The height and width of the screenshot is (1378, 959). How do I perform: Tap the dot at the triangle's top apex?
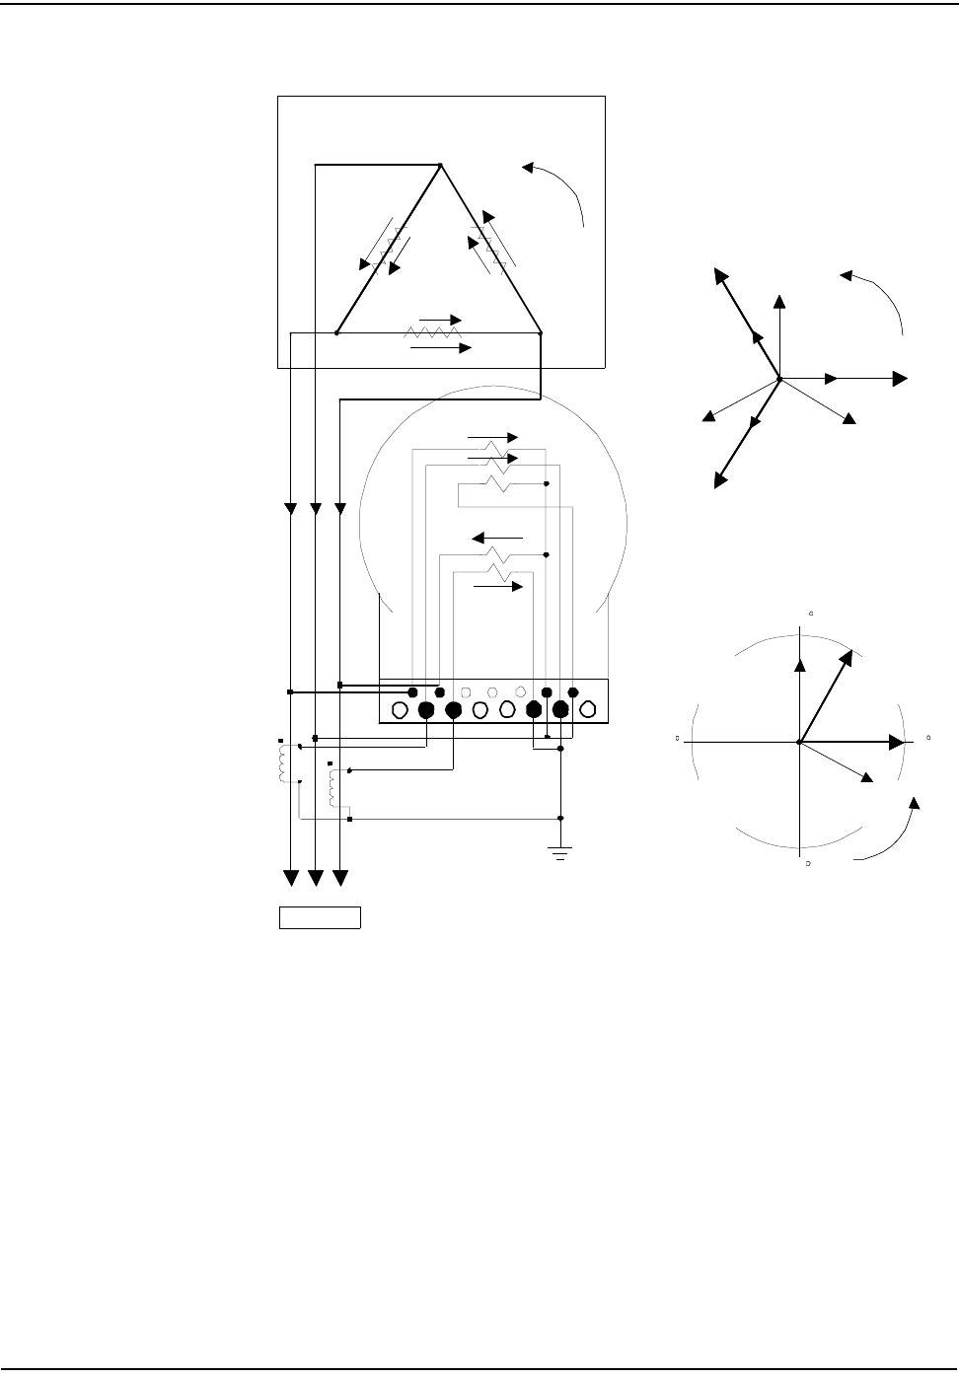point(440,165)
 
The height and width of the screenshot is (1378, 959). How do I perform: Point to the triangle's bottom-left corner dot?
point(336,333)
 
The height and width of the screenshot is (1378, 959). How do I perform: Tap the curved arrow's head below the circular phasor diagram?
point(916,801)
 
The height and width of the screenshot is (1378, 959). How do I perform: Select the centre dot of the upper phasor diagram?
point(779,379)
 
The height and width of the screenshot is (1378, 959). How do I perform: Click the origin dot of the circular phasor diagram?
point(799,741)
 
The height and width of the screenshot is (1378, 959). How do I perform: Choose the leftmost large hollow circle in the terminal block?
point(401,709)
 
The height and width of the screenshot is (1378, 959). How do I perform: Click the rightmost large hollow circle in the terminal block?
point(588,709)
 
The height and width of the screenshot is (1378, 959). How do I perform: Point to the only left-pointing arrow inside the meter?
point(479,538)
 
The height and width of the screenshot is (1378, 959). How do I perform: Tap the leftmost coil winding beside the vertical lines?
point(284,762)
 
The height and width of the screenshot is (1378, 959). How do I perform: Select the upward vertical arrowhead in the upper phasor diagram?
point(780,300)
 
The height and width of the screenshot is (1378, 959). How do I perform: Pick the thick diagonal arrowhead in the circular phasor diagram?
point(847,656)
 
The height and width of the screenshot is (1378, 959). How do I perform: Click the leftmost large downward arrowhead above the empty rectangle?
point(291,876)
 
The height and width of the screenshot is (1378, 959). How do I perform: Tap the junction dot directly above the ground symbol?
point(561,818)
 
